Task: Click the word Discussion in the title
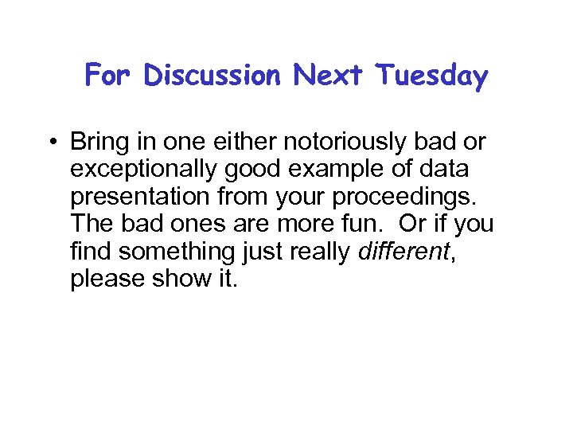pyautogui.click(x=213, y=76)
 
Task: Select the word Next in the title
pyautogui.click(x=329, y=76)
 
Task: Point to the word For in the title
pyautogui.click(x=111, y=76)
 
